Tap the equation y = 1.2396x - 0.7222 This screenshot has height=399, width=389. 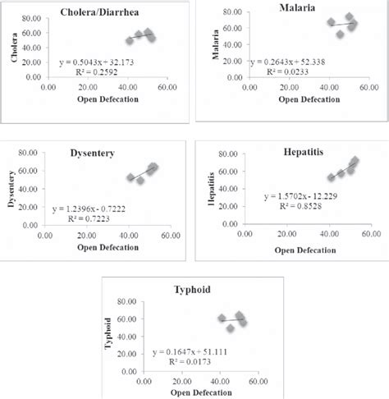coord(94,210)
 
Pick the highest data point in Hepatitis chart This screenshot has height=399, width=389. coord(355,162)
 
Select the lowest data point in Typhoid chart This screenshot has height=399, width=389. coord(231,328)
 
